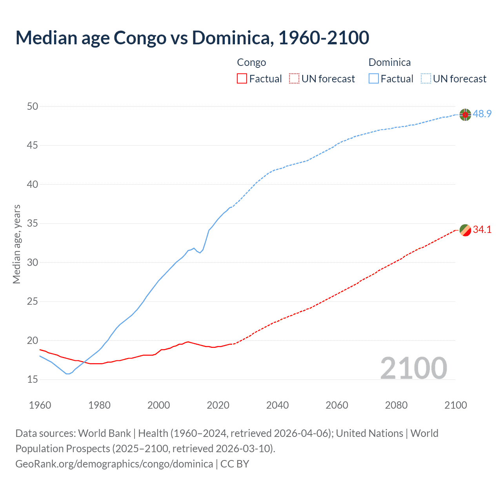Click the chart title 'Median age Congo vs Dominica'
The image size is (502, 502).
click(x=192, y=38)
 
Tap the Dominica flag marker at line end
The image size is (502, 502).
click(x=465, y=115)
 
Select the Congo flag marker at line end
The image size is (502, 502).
click(x=465, y=230)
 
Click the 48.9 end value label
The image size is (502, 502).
click(x=482, y=114)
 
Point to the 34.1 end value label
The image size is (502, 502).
click(x=482, y=229)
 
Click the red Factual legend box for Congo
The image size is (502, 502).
click(x=242, y=78)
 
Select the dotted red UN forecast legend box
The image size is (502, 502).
click(x=294, y=78)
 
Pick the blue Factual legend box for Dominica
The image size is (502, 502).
click(x=373, y=78)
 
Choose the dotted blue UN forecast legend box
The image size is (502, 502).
click(x=426, y=78)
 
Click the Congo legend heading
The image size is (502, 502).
click(x=251, y=62)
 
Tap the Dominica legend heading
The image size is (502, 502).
click(x=389, y=62)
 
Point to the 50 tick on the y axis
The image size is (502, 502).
click(x=33, y=106)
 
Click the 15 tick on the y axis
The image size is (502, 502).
click(x=33, y=379)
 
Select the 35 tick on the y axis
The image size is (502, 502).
click(x=33, y=224)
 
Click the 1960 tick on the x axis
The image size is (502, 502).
click(x=40, y=405)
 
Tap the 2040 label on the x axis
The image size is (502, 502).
click(x=277, y=405)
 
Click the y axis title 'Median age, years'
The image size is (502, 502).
click(x=16, y=244)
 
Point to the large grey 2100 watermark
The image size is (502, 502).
click(x=413, y=368)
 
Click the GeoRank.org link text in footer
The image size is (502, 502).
click(x=114, y=464)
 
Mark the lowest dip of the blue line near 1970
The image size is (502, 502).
click(x=67, y=374)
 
